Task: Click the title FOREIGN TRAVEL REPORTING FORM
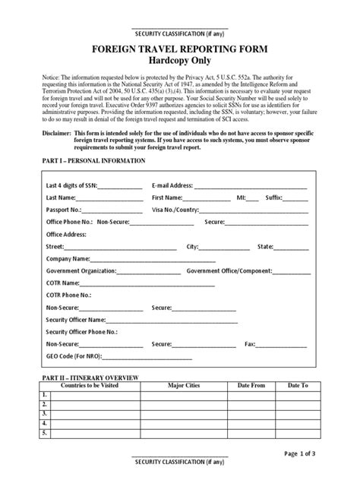tap(179, 49)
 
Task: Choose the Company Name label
tap(70, 258)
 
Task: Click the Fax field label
tap(249, 344)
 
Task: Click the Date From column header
tap(250, 386)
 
